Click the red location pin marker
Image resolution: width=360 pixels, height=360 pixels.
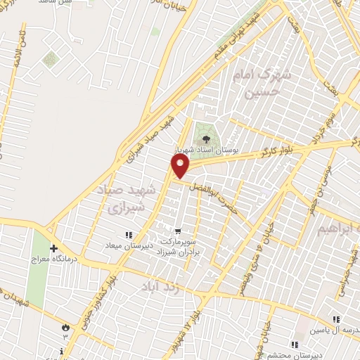pyautogui.click(x=181, y=166)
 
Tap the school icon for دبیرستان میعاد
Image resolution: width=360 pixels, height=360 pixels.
pyautogui.click(x=127, y=235)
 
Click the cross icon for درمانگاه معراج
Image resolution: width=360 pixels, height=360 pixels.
pyautogui.click(x=53, y=248)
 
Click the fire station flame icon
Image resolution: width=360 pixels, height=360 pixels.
pyautogui.click(x=66, y=327)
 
